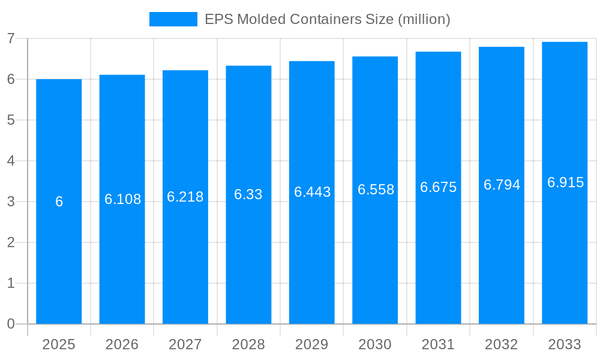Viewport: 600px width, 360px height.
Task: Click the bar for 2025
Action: tap(59, 240)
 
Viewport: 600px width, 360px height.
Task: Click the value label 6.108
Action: tap(122, 199)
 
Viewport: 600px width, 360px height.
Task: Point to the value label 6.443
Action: tap(312, 192)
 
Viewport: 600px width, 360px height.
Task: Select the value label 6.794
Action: tap(502, 185)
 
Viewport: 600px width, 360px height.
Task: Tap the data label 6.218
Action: tap(185, 197)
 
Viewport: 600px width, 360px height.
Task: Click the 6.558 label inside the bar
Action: tap(376, 190)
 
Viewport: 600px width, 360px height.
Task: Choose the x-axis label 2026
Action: tap(122, 344)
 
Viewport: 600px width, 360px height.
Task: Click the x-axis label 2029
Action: tap(312, 344)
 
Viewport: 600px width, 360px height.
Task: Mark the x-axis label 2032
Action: tap(502, 344)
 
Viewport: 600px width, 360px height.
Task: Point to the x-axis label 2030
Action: tap(375, 344)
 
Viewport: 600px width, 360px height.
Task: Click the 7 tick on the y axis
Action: tap(11, 38)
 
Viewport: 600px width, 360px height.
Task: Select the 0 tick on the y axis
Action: tap(11, 324)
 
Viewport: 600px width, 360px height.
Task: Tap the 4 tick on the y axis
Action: tap(11, 161)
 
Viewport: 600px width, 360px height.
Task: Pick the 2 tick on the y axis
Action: tap(11, 242)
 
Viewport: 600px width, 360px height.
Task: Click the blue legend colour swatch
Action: tap(173, 19)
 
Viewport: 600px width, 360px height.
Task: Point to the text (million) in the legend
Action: tap(424, 19)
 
